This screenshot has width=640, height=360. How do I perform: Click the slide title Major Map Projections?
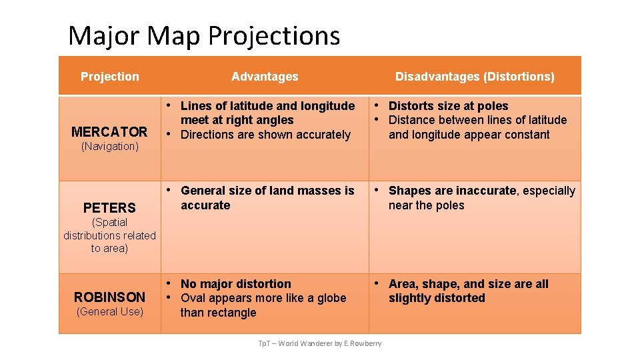pyautogui.click(x=204, y=35)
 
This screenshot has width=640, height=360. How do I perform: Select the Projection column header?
pyautogui.click(x=110, y=77)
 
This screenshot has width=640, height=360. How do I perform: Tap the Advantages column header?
pyautogui.click(x=265, y=77)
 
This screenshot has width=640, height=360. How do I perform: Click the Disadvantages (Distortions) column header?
pyautogui.click(x=475, y=77)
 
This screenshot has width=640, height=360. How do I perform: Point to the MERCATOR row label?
pyautogui.click(x=109, y=131)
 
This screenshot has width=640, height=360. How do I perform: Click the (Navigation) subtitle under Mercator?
pyautogui.click(x=109, y=147)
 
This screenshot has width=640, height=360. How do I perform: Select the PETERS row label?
pyautogui.click(x=109, y=207)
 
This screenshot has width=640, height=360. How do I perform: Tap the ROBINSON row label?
pyautogui.click(x=109, y=297)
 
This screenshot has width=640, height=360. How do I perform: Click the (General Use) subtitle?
pyautogui.click(x=109, y=311)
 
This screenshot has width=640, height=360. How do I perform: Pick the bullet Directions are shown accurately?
pyautogui.click(x=265, y=135)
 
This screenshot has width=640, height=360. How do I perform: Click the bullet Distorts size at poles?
pyautogui.click(x=448, y=106)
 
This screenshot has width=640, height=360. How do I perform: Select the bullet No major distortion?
pyautogui.click(x=236, y=284)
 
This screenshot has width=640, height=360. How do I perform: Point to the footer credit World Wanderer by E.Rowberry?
pyautogui.click(x=320, y=343)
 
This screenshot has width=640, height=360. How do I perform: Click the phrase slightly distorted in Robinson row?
pyautogui.click(x=437, y=298)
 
